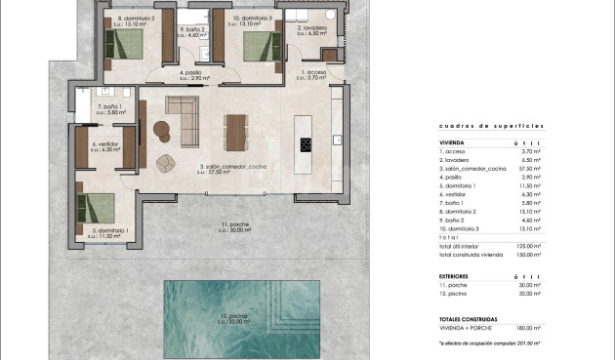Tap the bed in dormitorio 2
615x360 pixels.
(125, 44)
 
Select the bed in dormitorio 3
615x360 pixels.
(259, 44)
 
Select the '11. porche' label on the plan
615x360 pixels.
(235, 226)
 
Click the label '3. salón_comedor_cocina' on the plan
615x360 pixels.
(233, 169)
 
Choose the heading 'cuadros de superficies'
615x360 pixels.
(477, 127)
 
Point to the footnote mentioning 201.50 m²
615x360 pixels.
(489, 343)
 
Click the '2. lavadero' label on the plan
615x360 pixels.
(311, 29)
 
